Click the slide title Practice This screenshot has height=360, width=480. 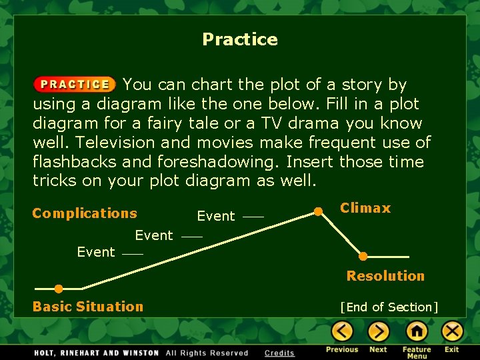click(240, 39)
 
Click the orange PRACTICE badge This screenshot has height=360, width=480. click(75, 85)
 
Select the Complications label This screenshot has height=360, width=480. click(85, 213)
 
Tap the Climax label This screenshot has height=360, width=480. click(365, 208)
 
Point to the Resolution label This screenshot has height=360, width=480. click(385, 276)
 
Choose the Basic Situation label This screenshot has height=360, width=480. click(88, 307)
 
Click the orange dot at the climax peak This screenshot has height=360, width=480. click(319, 212)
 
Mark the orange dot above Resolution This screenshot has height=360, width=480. click(363, 256)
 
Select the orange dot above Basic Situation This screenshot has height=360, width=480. click(59, 289)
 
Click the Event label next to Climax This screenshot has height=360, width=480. click(216, 217)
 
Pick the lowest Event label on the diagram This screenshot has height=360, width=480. click(96, 252)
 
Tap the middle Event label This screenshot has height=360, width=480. click(154, 235)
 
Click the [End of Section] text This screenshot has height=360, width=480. click(389, 307)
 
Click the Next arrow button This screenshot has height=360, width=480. click(378, 331)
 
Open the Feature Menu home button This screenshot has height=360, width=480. click(417, 331)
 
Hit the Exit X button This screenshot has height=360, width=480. click(452, 331)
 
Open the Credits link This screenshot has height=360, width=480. click(279, 353)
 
